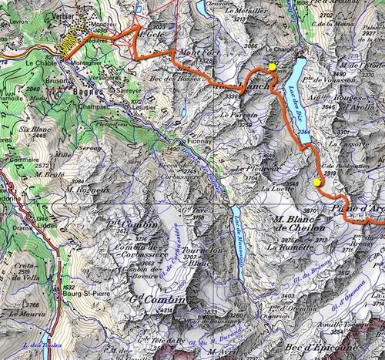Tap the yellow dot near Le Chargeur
(x=272, y=68)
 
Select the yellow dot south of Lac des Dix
(x=316, y=182)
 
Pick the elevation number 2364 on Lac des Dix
(x=305, y=133)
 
